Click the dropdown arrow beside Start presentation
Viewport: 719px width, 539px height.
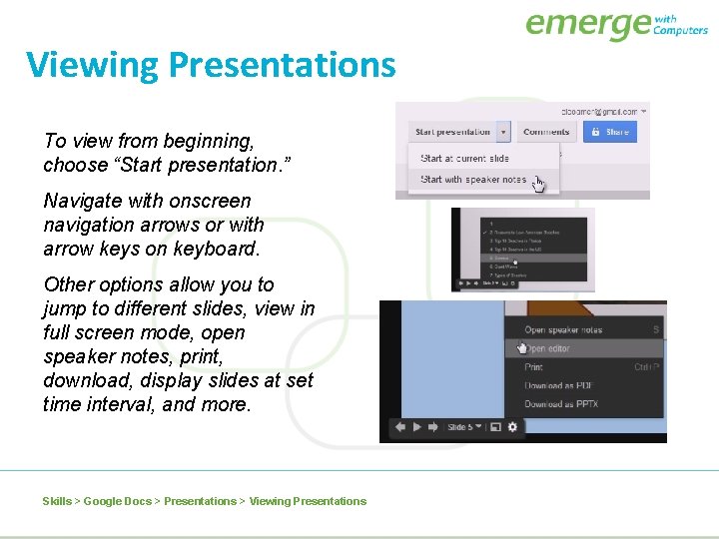click(x=504, y=132)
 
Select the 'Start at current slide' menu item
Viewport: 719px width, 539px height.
click(x=464, y=159)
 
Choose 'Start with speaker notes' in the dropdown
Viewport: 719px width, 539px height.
click(x=472, y=180)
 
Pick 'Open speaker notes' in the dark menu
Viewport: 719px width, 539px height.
click(x=563, y=330)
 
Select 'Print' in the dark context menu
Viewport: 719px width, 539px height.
click(x=534, y=367)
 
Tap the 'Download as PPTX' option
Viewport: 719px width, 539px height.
click(x=561, y=404)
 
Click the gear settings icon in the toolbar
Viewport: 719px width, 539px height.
click(x=513, y=427)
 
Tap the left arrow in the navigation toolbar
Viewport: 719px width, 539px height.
click(x=399, y=427)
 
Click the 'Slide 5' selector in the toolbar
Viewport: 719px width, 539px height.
click(x=465, y=427)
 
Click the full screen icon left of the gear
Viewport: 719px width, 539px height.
click(x=496, y=427)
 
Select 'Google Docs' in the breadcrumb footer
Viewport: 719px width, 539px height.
click(x=118, y=501)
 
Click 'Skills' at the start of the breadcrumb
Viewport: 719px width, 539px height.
click(x=57, y=501)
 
